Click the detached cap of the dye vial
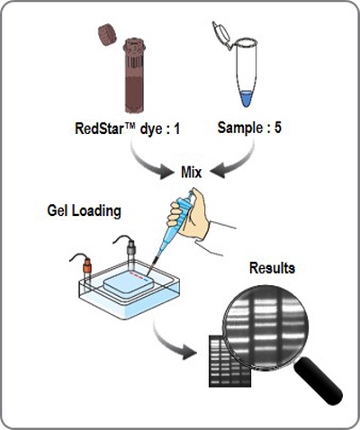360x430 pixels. point(107,35)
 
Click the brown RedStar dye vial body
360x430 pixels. point(134,76)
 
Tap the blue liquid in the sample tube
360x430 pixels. point(246,99)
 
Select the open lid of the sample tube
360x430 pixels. point(221,34)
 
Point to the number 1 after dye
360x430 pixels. point(176,129)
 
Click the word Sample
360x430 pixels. point(240,129)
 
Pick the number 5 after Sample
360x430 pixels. point(278,128)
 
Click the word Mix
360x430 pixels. point(192,173)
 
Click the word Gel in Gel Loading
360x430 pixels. point(58,211)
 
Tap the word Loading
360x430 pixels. point(96,211)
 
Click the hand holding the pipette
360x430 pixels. point(189,214)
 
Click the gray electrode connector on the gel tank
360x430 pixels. point(131,246)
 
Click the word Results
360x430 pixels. point(272,268)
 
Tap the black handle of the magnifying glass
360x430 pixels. point(319,381)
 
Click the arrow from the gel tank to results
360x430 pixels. point(168,342)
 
